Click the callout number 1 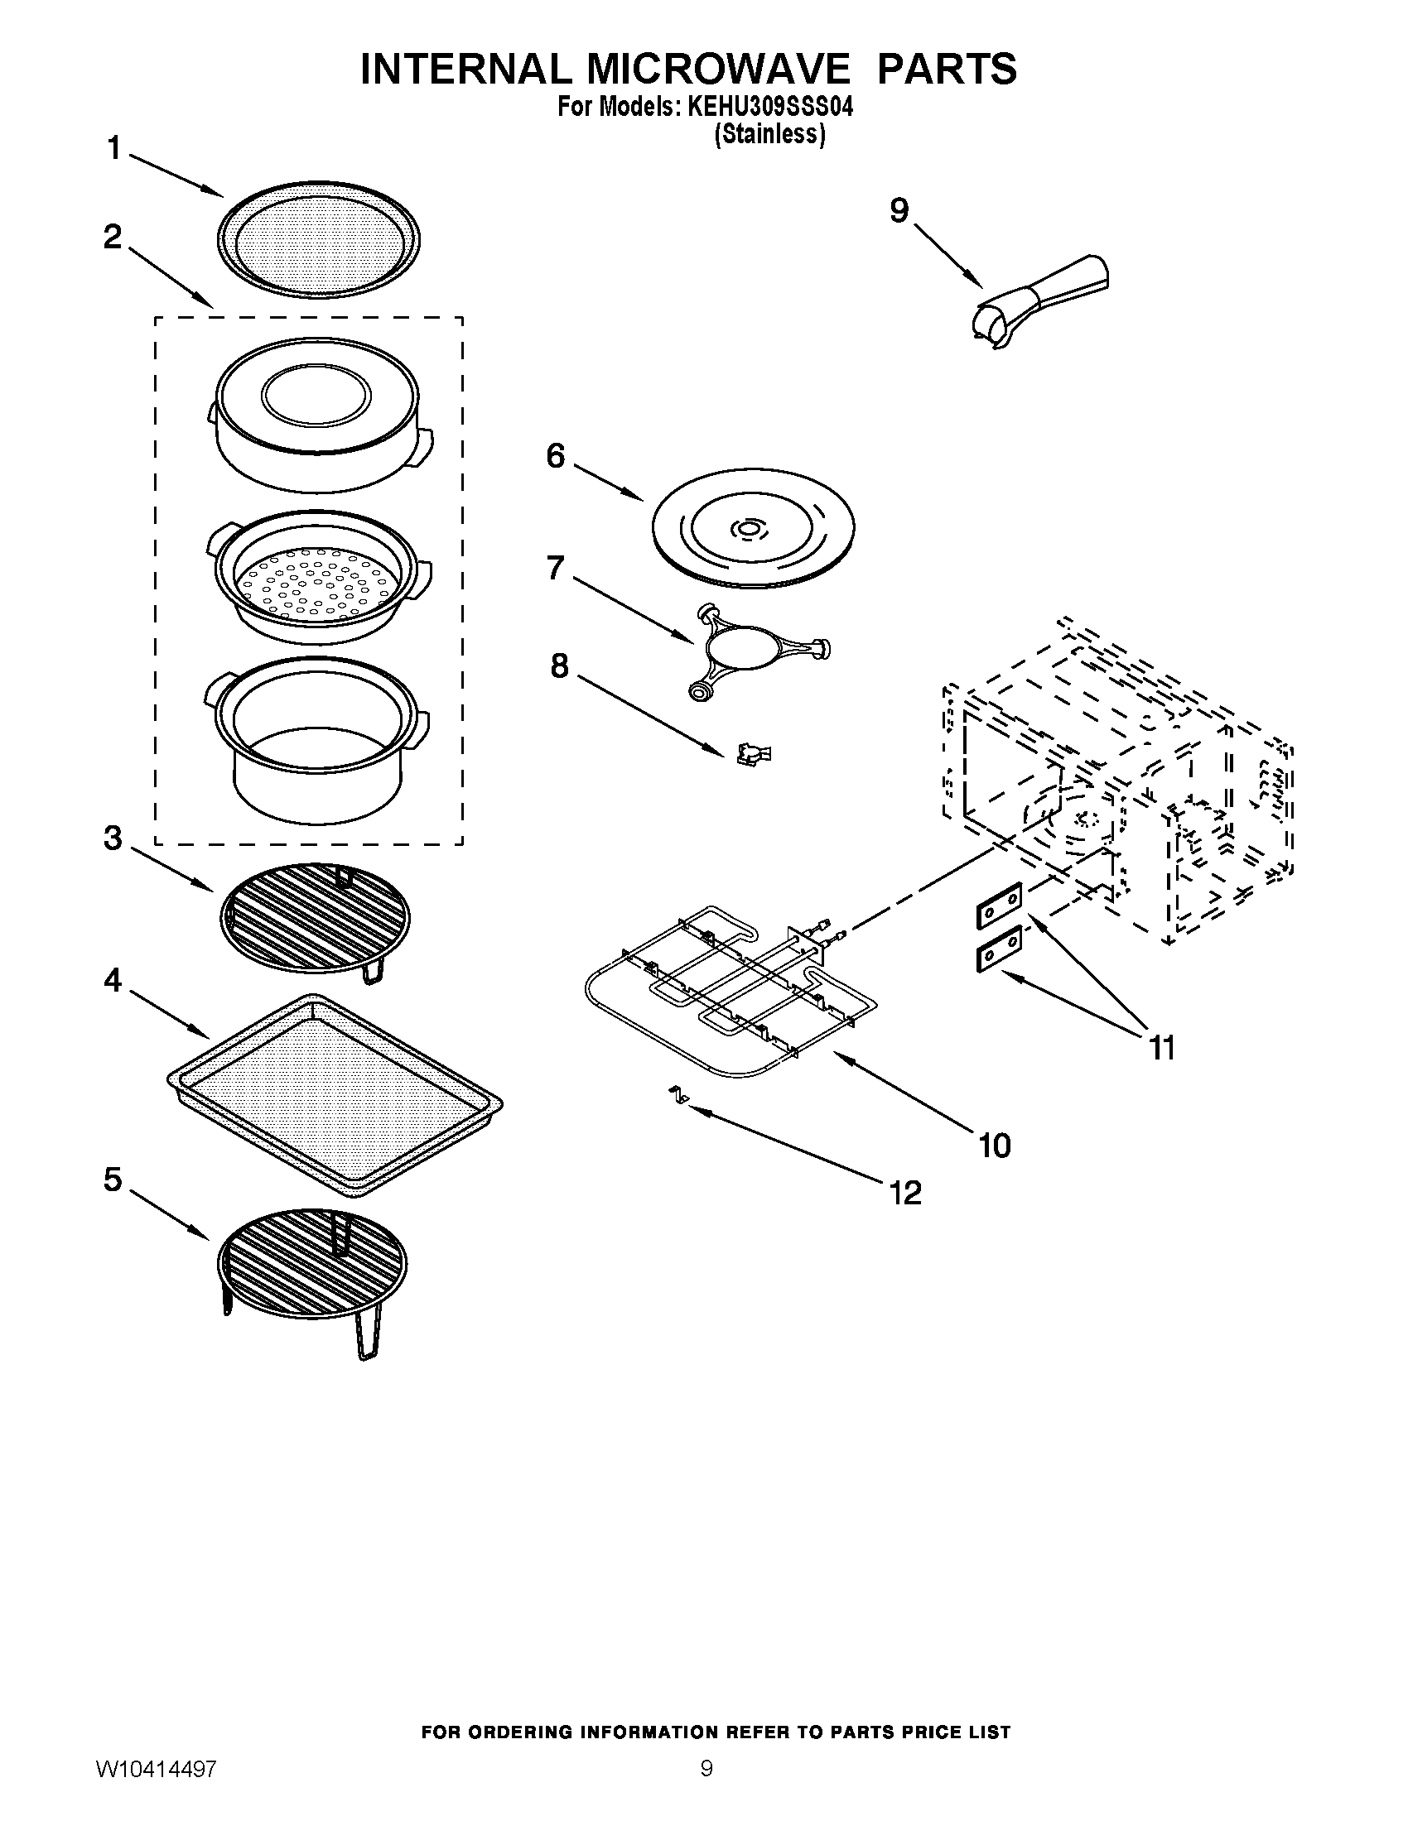tap(113, 149)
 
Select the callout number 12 tap(905, 1193)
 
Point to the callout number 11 tap(1162, 1047)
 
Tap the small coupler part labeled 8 tap(753, 754)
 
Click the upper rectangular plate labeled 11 tap(1000, 905)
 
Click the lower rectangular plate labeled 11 tap(1000, 949)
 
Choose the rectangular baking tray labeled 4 tap(335, 1091)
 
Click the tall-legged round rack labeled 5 tap(313, 1269)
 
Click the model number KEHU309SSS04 tap(770, 109)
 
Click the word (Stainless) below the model tap(770, 134)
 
